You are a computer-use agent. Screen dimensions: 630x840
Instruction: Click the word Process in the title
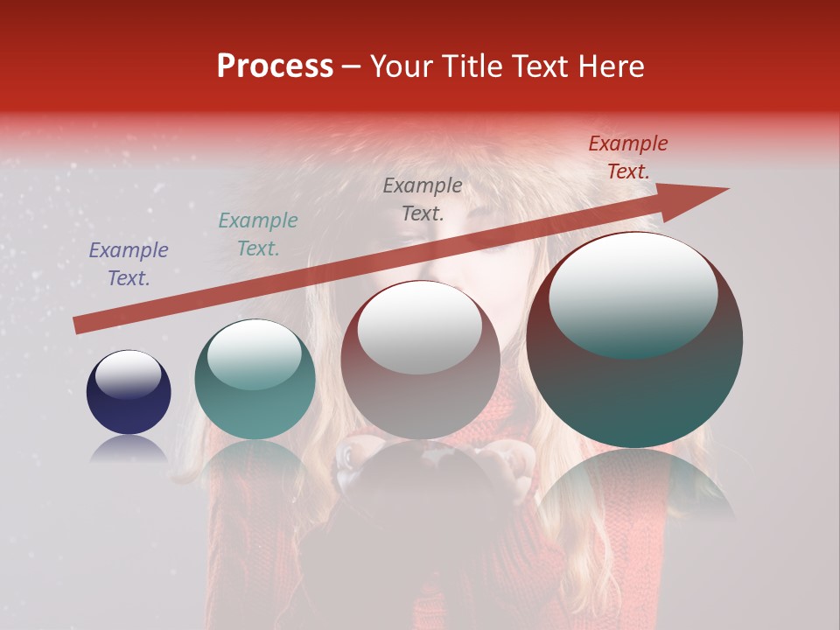pos(275,66)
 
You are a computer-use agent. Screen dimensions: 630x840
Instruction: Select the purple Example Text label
pos(129,264)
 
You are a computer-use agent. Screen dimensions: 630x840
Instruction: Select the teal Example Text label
pos(258,234)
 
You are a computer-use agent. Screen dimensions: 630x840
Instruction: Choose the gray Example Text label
pos(423,199)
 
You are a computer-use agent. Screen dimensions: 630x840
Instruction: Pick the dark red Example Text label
pos(627,157)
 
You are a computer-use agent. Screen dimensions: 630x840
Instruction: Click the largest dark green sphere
pos(634,385)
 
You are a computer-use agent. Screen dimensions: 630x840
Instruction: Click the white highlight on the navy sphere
pos(128,374)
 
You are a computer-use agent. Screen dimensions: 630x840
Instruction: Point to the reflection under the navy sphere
pos(129,450)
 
